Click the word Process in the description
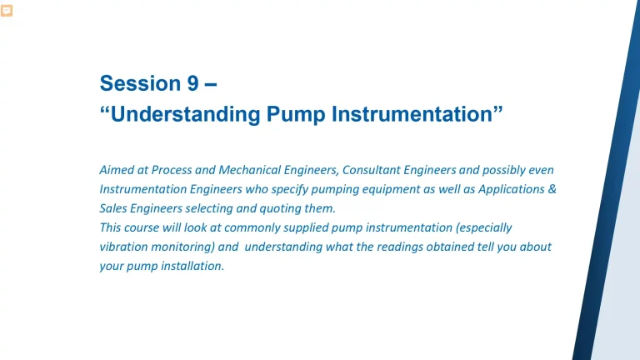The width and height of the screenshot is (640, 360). [173, 169]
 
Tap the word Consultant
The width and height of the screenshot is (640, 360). [374, 169]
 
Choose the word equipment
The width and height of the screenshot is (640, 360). [392, 188]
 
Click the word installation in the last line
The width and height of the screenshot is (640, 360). [193, 266]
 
